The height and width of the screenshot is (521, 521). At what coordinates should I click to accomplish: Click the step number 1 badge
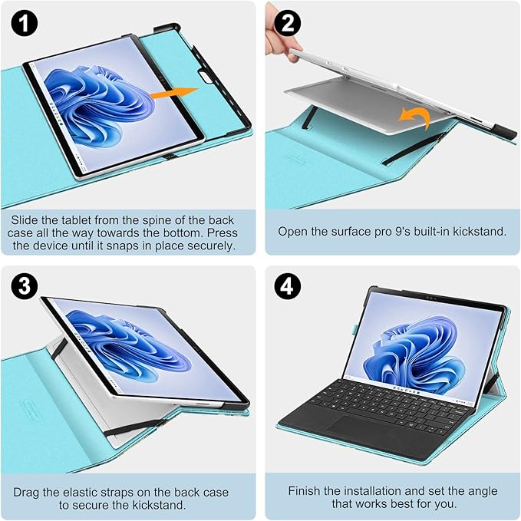[x=25, y=25]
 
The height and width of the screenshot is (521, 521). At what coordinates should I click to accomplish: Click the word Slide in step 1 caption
[x=25, y=219]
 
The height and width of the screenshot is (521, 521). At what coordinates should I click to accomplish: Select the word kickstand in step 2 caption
[x=475, y=231]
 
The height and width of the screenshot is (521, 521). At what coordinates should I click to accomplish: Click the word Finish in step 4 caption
[x=307, y=491]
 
